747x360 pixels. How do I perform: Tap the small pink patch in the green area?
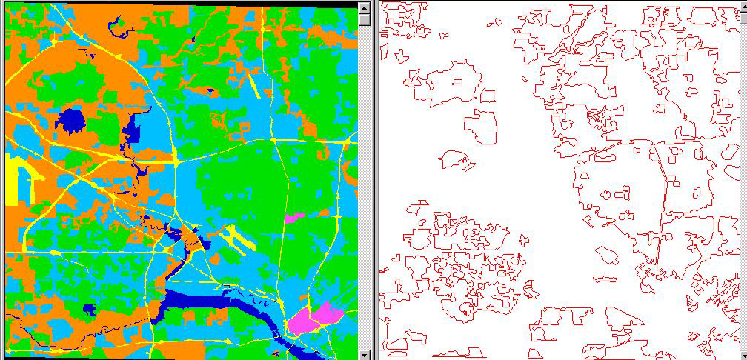(293, 218)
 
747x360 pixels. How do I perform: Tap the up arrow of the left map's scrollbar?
(364, 7)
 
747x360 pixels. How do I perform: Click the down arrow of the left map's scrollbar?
(364, 353)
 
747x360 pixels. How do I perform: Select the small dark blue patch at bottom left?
(90, 309)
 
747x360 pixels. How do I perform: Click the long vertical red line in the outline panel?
(660, 215)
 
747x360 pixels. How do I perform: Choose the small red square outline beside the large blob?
(487, 96)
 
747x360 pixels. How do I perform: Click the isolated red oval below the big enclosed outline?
(607, 255)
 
